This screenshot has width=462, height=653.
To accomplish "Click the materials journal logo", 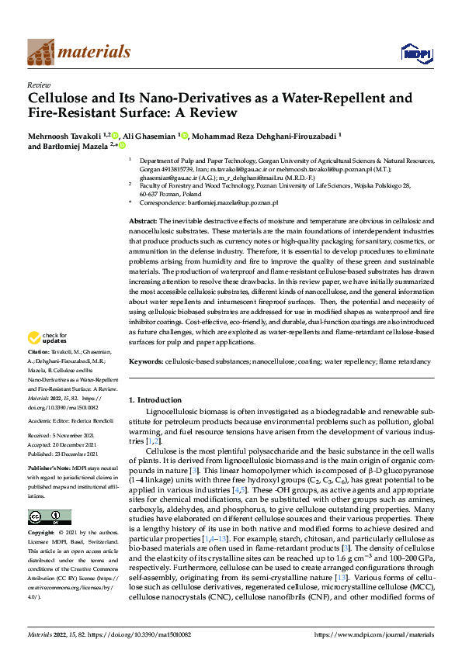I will click(x=78, y=51).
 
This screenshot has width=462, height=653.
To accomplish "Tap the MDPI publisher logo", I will click(x=415, y=52).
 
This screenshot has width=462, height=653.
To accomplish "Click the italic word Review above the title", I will click(x=39, y=86).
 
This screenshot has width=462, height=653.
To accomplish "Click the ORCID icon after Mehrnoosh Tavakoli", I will click(x=116, y=134).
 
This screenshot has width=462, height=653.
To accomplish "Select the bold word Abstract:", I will click(x=143, y=222).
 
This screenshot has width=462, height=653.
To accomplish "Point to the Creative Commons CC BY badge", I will click(x=49, y=517).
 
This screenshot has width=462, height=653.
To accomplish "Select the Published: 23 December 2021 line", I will click(x=70, y=454).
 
